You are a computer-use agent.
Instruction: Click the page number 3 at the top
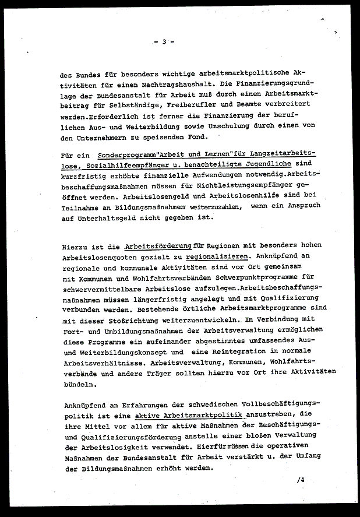(164, 41)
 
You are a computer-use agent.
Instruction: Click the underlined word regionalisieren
(217, 256)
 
